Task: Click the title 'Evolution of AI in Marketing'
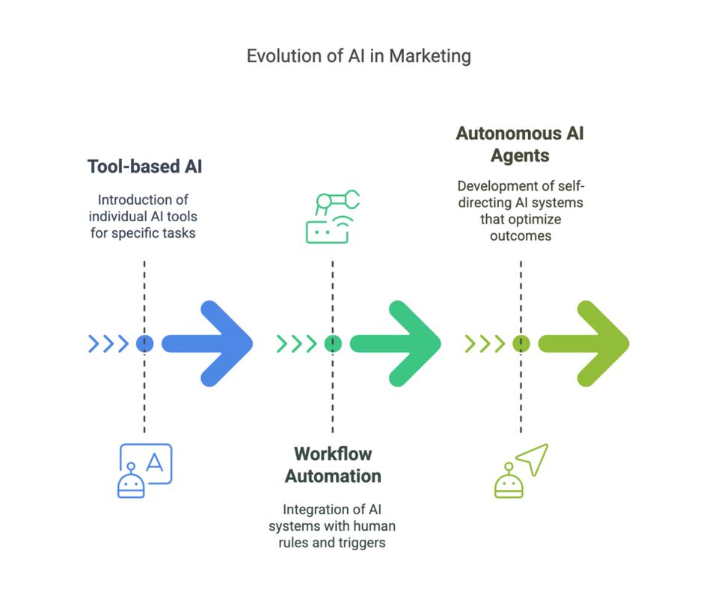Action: click(x=358, y=56)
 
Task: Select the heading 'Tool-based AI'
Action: click(x=144, y=167)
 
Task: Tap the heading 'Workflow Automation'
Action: click(x=333, y=465)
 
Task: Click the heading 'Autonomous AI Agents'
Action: click(x=521, y=144)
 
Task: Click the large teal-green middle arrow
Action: click(x=396, y=344)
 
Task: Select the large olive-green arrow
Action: click(x=584, y=344)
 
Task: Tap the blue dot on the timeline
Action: click(x=144, y=344)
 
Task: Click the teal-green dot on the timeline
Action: click(x=333, y=344)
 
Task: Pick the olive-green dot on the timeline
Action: click(x=521, y=344)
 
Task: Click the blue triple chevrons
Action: click(x=108, y=344)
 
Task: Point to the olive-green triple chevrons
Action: click(x=485, y=344)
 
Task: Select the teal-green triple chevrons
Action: click(x=297, y=344)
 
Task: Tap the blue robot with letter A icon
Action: click(x=144, y=471)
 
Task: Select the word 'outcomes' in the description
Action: click(x=521, y=236)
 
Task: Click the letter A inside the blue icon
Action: click(x=154, y=462)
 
